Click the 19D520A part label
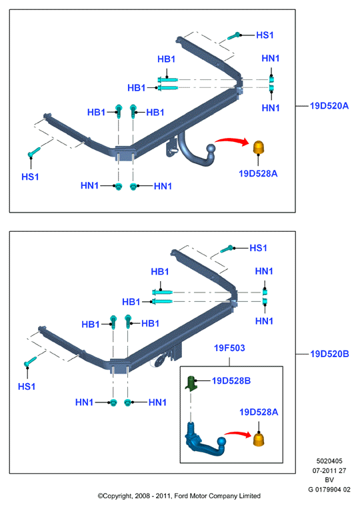329,106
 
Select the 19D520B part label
329,354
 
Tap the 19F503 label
229,348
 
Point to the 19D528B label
231,380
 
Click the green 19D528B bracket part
191,383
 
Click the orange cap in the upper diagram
259,148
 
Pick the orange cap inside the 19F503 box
259,439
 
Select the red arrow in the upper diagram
232,140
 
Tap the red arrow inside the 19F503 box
238,434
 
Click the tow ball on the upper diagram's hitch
211,149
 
